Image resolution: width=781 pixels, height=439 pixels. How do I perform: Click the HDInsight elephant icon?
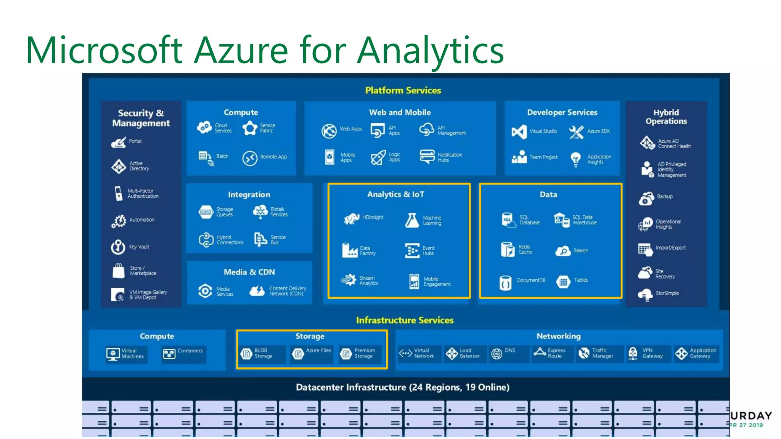point(351,218)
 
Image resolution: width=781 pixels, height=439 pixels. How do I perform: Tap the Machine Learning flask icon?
point(412,221)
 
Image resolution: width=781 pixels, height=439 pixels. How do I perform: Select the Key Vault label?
point(139,247)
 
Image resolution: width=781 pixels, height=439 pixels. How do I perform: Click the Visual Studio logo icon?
point(519,132)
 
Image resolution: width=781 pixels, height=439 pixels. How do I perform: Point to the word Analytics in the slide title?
point(430,51)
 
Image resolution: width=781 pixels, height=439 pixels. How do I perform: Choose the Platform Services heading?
point(403,90)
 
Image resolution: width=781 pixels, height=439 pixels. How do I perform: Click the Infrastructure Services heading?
point(405,320)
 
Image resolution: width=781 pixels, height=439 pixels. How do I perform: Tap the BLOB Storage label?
point(263,353)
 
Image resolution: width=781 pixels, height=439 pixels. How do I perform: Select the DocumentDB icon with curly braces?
point(505,283)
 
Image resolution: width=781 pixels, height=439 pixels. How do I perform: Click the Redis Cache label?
point(525,249)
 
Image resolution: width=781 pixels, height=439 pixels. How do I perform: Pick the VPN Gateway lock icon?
point(633,354)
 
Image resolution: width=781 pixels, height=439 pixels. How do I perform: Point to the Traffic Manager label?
point(603,353)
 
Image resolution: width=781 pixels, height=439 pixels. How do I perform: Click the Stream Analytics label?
point(368,280)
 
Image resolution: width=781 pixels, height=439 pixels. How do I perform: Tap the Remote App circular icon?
point(250,158)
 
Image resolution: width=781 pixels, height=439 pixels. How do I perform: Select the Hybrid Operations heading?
point(666,117)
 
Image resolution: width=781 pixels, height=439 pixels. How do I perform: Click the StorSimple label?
point(667,293)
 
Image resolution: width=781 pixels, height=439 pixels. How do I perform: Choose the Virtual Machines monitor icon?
point(113,354)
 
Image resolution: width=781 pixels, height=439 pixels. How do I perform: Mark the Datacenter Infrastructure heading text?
point(402,387)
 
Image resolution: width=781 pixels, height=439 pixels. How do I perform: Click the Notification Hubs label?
point(450,157)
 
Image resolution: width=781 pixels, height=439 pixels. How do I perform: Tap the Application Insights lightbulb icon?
point(575,159)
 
